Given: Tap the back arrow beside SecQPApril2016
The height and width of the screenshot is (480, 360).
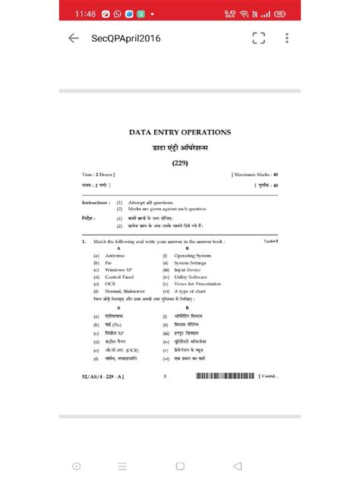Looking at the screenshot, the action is click(x=73, y=39).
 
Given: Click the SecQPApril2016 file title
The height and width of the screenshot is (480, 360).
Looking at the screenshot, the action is click(x=125, y=39).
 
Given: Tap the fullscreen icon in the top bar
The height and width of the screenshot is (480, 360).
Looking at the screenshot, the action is click(x=258, y=39).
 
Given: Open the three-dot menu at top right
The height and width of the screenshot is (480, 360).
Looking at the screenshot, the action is click(x=286, y=39).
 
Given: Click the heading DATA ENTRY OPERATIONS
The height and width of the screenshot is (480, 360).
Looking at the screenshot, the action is click(x=179, y=132).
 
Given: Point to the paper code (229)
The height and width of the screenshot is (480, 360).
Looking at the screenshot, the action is click(x=179, y=162).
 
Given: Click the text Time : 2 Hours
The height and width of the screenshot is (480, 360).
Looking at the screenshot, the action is click(x=98, y=175).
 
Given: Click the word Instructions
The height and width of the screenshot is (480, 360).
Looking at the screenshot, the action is click(x=96, y=204).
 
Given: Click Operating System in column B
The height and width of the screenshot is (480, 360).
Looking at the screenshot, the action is click(x=193, y=256).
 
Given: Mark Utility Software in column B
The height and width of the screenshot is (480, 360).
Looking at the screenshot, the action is click(x=193, y=276).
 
